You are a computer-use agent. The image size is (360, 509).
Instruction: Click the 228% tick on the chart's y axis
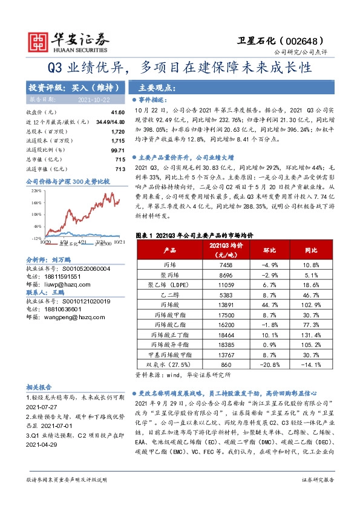36,190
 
